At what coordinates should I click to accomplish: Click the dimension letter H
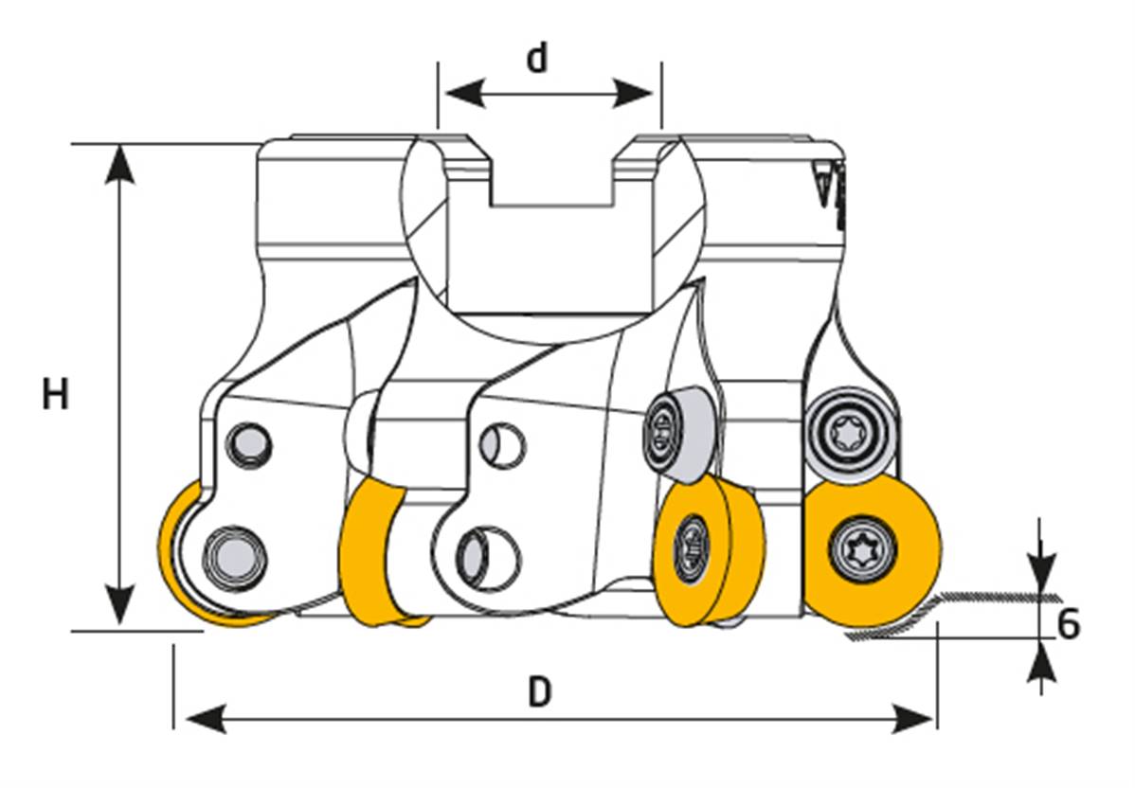point(56,394)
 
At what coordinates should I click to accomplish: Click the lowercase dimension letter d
point(537,59)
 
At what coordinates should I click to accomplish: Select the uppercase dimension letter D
point(539,693)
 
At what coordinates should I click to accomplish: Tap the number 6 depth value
point(1068,625)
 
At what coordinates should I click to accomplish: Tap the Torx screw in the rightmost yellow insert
point(861,547)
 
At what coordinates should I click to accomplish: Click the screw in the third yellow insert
point(691,547)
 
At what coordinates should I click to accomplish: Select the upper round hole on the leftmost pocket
point(250,443)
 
